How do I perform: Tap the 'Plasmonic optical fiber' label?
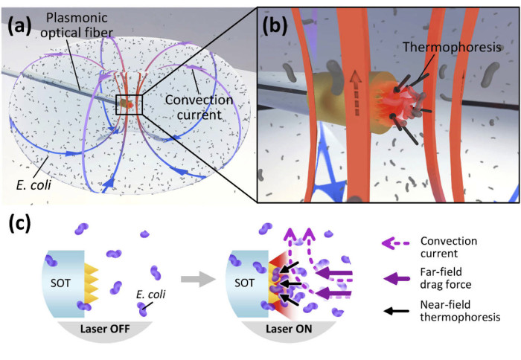87,27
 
